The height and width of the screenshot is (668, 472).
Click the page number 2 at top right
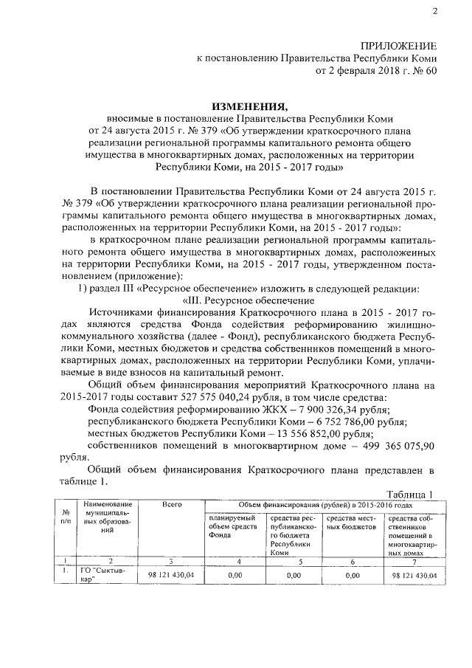pos(434,11)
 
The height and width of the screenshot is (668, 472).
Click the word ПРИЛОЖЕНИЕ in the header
pos(398,46)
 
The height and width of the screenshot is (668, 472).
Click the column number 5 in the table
pos(293,562)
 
